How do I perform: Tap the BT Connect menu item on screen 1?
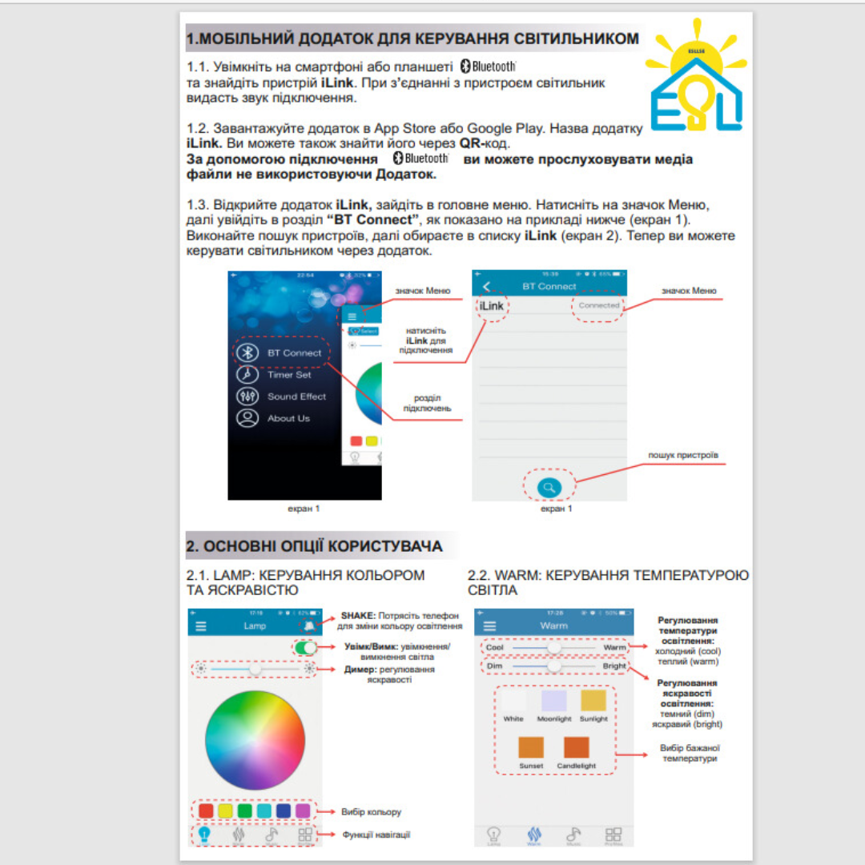pos(282,352)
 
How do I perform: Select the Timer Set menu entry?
pos(278,374)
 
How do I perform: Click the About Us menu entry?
pos(276,418)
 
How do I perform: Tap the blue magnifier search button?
pos(549,486)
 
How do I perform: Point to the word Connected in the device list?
pos(598,306)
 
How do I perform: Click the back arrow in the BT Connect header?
pos(485,287)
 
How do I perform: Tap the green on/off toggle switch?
pos(305,648)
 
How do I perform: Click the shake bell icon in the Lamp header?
pos(309,626)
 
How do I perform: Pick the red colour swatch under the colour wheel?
pos(206,811)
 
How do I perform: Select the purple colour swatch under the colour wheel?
pos(303,811)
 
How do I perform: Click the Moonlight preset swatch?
pos(554,702)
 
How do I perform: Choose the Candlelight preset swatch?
pos(577,747)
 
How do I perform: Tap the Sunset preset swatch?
pos(531,747)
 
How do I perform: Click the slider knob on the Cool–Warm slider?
pos(553,647)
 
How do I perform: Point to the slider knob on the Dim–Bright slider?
pos(553,666)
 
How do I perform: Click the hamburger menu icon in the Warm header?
pos(489,626)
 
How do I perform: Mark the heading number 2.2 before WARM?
pos(478,576)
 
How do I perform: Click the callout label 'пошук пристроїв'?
pos(683,455)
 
